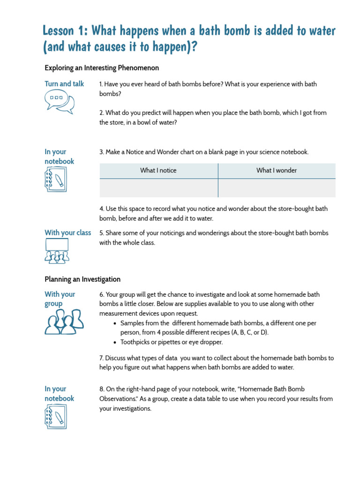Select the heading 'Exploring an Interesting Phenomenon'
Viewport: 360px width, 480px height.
tap(102, 68)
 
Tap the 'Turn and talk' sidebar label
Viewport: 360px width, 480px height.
tap(64, 84)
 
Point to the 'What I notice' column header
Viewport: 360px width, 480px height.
tap(158, 171)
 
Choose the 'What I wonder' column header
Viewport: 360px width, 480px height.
tap(276, 171)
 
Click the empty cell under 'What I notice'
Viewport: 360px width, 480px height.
tap(158, 188)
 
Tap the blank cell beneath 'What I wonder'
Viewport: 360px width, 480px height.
tap(277, 188)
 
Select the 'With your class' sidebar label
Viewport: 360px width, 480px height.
tap(67, 233)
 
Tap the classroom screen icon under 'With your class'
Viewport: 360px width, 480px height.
tap(57, 251)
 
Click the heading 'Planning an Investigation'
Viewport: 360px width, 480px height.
tap(82, 279)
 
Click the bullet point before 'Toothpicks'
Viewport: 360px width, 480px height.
tap(115, 342)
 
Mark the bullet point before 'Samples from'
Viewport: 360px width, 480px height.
tap(115, 323)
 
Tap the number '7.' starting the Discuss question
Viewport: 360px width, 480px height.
tap(102, 358)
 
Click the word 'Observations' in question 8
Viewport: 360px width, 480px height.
tap(119, 399)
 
